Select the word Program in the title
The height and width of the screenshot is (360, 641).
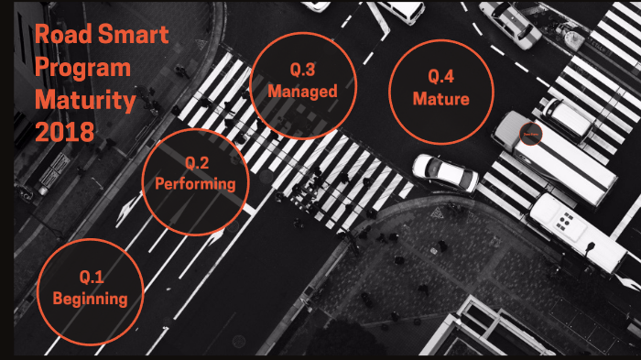(x=82, y=68)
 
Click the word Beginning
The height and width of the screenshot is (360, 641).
(x=90, y=298)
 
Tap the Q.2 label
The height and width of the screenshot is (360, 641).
(x=197, y=163)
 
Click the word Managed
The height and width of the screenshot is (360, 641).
(x=302, y=92)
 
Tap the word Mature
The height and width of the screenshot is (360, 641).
(x=441, y=99)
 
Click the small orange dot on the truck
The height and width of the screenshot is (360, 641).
(x=530, y=135)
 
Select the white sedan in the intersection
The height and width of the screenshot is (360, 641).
(x=444, y=172)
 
